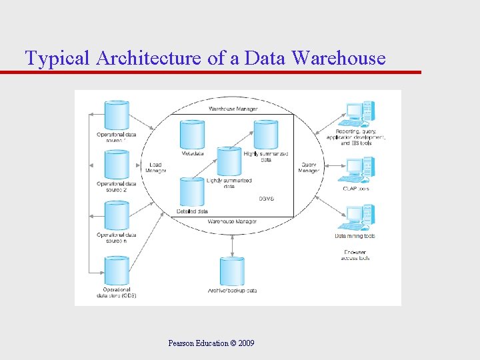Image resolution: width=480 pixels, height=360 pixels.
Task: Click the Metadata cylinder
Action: tap(193, 135)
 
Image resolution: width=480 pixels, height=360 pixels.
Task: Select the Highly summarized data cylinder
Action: tap(265, 135)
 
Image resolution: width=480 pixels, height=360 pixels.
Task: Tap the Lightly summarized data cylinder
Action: tap(229, 162)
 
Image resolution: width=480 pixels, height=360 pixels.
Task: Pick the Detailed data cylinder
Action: tap(192, 193)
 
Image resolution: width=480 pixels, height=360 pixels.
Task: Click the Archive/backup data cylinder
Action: tap(232, 271)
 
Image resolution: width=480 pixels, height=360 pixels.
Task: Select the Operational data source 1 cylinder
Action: tap(117, 115)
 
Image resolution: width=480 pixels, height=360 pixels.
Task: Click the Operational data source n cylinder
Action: tap(117, 215)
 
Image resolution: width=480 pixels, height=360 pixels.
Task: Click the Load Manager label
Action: tap(155, 168)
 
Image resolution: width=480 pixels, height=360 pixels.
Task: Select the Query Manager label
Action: tap(309, 168)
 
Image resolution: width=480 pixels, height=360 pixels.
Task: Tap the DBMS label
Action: tap(266, 199)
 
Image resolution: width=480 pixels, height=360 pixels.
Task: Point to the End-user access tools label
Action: tap(354, 255)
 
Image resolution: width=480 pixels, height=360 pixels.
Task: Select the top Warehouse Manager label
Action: tap(233, 109)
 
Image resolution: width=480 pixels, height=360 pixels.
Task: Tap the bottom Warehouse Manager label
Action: tap(232, 221)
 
